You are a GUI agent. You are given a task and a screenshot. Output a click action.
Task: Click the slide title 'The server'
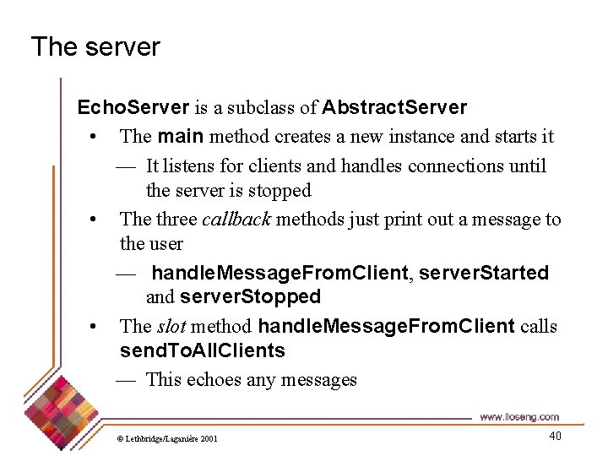(95, 46)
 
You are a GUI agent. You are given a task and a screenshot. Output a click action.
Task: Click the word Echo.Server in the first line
(133, 107)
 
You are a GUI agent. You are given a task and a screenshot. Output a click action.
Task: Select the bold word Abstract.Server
(394, 107)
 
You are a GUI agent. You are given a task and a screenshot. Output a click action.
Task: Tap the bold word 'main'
(181, 136)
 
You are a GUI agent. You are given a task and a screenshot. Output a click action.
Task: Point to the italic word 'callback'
(236, 220)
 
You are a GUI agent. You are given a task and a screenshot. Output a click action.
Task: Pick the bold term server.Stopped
(250, 296)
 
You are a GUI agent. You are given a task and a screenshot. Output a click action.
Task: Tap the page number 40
(555, 436)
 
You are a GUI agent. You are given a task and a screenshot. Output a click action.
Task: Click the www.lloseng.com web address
(518, 416)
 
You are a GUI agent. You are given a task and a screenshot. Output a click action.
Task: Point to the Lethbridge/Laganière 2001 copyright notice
(167, 438)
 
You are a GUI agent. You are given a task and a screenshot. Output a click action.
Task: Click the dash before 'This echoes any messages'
(126, 380)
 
